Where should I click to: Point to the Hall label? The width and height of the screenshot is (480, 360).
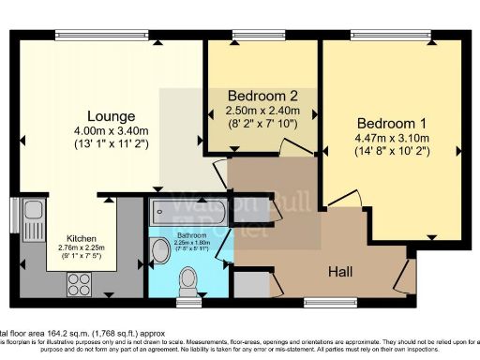[x=341, y=271]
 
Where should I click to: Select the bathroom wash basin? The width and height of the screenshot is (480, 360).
[x=157, y=251]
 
